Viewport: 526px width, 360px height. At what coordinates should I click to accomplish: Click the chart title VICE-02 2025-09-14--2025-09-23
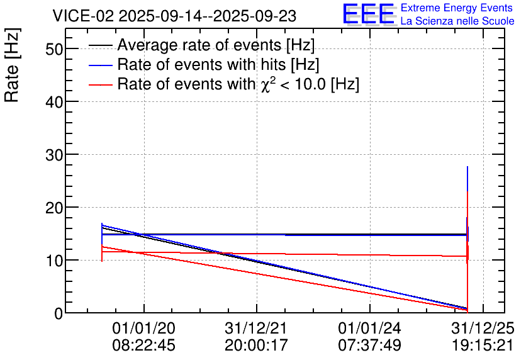point(174,16)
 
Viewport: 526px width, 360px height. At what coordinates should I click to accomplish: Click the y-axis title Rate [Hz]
point(13,65)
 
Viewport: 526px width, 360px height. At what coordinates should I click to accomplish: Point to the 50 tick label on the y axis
point(54,49)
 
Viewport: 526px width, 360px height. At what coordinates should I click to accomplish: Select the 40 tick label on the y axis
point(54,102)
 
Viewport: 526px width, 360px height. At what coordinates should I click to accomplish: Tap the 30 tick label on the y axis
point(54,155)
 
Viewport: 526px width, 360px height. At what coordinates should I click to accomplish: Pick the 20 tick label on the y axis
point(54,208)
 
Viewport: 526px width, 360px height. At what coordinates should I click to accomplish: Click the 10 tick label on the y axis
point(54,261)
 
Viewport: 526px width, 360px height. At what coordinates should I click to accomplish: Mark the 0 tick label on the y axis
point(59,313)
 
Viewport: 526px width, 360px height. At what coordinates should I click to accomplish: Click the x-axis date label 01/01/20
point(143,328)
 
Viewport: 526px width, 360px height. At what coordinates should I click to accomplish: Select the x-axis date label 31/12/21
point(256,328)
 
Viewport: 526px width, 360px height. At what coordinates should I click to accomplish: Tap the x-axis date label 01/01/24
point(369,328)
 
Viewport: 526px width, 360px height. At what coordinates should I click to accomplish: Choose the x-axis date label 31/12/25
point(483,328)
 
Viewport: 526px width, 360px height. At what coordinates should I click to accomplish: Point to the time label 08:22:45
point(143,345)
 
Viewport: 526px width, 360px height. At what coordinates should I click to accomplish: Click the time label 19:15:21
point(483,345)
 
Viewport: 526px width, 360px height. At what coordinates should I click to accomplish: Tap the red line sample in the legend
point(100,84)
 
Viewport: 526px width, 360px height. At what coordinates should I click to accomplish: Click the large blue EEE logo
point(369,14)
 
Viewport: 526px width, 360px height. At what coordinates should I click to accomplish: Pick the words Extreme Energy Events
point(457,8)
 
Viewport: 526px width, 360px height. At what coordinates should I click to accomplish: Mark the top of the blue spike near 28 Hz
point(467,166)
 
